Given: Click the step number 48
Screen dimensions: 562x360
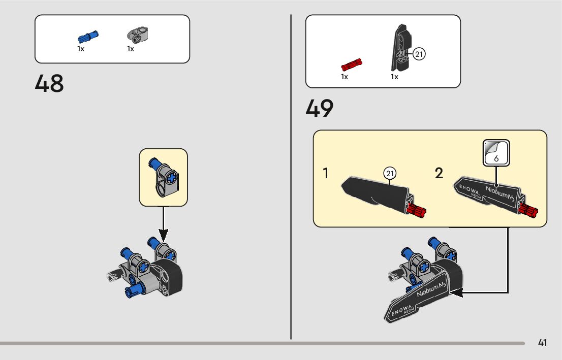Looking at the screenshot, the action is click(x=49, y=84).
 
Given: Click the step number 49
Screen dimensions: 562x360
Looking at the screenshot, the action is click(x=320, y=108).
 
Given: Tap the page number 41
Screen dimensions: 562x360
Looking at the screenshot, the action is click(x=542, y=343).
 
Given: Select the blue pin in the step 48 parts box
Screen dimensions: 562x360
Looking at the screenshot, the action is click(x=88, y=37).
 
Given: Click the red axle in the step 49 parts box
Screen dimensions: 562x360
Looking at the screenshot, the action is click(x=351, y=65).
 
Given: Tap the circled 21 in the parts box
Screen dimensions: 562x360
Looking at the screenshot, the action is click(x=419, y=54).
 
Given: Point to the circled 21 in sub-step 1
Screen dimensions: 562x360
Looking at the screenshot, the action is click(x=389, y=174).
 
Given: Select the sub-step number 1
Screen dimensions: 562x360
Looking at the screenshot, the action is click(x=325, y=174).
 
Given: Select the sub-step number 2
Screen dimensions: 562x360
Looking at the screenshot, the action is click(x=439, y=174).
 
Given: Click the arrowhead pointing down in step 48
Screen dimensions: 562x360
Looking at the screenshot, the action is click(x=163, y=235).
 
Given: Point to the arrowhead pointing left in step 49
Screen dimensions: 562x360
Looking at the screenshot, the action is click(x=457, y=292).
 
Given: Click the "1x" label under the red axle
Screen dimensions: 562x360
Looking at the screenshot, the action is click(x=345, y=77).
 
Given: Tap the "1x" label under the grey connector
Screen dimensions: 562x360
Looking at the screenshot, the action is click(x=131, y=49).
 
